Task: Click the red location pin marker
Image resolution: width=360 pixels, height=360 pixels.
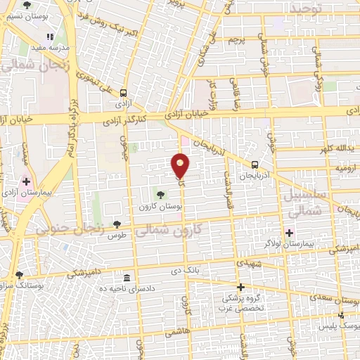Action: coord(181,166)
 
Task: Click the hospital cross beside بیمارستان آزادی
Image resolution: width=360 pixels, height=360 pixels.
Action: coord(26,181)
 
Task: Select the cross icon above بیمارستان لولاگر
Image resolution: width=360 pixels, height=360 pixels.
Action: coord(289,233)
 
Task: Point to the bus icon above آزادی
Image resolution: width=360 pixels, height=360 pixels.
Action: coord(124,92)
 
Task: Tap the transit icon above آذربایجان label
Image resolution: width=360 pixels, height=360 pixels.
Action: coord(255,165)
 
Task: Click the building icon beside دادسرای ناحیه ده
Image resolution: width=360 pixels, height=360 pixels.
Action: coord(127,278)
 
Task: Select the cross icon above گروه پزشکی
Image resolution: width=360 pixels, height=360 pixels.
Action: coord(240,287)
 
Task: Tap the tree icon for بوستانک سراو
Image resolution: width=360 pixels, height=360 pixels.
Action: coord(19,275)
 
